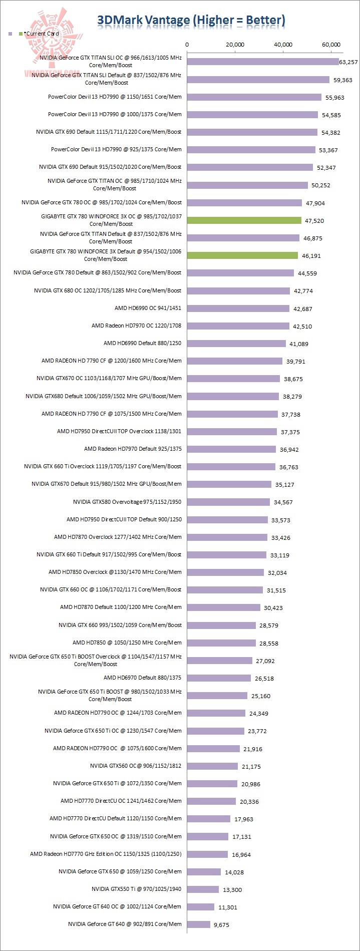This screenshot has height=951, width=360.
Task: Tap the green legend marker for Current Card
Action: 20,34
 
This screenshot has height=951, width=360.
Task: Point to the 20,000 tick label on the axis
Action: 235,45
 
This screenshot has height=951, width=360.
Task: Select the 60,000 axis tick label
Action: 331,45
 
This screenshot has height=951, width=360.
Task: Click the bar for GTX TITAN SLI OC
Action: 263,62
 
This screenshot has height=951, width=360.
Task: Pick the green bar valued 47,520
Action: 244,220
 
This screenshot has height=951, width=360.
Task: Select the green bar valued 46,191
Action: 242,255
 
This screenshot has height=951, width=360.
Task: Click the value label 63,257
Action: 348,63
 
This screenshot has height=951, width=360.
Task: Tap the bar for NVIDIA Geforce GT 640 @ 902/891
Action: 199,924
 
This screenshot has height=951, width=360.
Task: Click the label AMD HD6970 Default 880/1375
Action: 143,678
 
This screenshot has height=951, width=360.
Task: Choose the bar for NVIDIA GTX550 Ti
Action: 203,889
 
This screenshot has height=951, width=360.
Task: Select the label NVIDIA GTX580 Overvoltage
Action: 127,501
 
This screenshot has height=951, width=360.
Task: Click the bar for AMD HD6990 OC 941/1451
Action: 238,308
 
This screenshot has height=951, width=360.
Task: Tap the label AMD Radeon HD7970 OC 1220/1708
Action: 136,326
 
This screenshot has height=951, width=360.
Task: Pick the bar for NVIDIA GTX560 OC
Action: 212,766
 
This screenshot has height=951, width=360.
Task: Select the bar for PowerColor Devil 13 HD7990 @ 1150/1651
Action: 254,97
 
